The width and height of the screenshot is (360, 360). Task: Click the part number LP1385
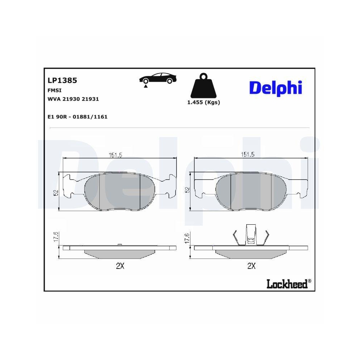point(62,80)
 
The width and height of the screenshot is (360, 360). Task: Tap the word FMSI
point(54,90)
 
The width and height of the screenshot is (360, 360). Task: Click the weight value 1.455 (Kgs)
point(203,102)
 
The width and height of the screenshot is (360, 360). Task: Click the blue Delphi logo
point(275,87)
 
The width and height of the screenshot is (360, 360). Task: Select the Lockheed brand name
point(287,284)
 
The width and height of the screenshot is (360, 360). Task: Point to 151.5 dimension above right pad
point(248,155)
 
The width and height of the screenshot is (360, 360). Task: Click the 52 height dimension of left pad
point(55,193)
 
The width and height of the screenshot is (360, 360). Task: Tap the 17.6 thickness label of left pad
point(55,238)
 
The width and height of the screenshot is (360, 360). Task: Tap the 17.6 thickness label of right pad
point(187,238)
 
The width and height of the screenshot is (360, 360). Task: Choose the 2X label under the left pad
point(120,266)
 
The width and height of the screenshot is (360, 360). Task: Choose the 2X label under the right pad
point(251,266)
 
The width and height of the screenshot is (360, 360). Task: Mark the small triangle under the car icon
point(145,87)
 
